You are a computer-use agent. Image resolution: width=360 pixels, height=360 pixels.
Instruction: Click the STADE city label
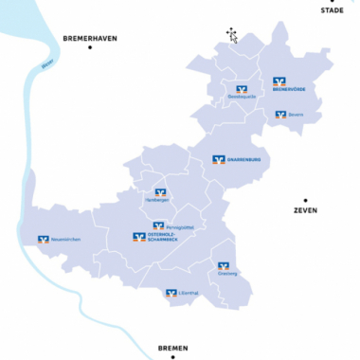click(x=332, y=9)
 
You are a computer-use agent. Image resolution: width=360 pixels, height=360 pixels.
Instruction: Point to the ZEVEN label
click(x=305, y=210)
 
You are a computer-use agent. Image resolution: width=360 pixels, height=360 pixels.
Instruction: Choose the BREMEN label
click(x=174, y=348)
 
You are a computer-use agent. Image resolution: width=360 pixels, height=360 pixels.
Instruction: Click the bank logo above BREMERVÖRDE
click(x=279, y=81)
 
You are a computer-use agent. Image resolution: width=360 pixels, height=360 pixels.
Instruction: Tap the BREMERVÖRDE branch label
click(x=289, y=90)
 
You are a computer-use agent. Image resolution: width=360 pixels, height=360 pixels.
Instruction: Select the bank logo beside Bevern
click(x=280, y=115)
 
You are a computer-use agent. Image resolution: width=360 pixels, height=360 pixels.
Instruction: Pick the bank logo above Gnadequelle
click(x=242, y=88)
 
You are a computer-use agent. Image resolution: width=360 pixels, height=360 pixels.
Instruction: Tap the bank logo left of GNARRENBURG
click(x=218, y=159)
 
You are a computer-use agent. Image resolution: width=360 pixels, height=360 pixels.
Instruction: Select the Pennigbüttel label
click(x=179, y=227)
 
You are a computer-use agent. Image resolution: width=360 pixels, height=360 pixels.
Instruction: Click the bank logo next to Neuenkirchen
click(x=43, y=240)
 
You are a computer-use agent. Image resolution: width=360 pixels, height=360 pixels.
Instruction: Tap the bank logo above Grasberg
click(x=224, y=266)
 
